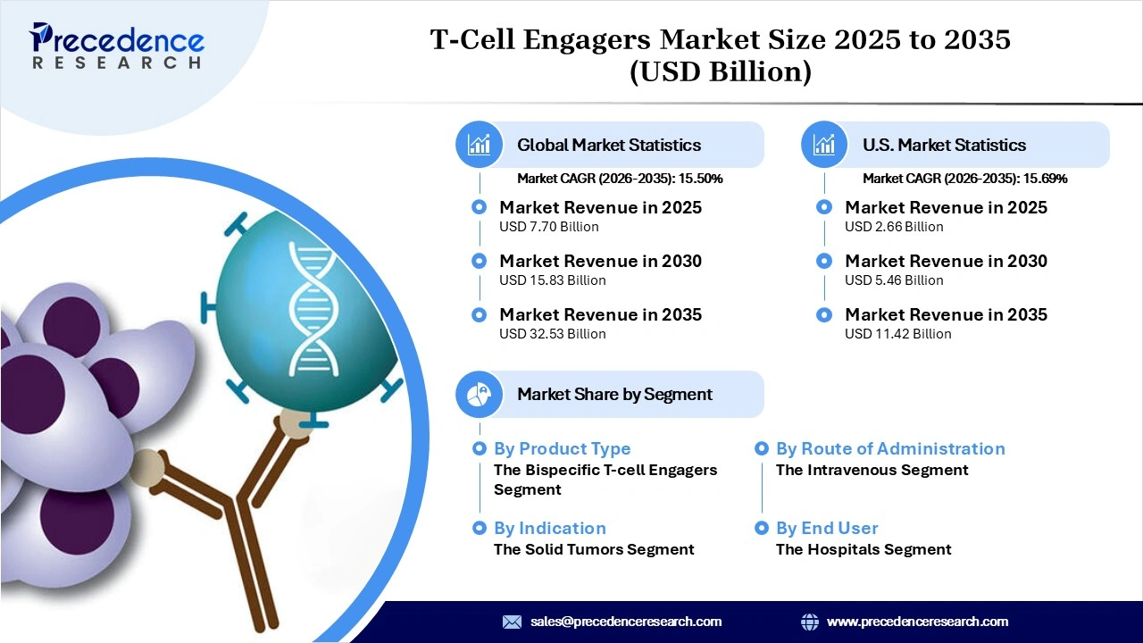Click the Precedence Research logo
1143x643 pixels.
(116, 45)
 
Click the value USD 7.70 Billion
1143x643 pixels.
(548, 227)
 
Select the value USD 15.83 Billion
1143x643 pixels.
(552, 280)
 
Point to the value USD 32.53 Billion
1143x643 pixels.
(552, 334)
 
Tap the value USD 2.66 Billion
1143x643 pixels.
(894, 227)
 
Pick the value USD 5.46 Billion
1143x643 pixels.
(894, 280)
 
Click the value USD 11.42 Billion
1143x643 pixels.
(897, 334)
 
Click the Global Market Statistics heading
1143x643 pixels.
(609, 145)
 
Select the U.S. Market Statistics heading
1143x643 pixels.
(944, 145)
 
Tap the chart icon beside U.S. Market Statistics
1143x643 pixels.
(824, 145)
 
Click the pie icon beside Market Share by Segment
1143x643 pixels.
(480, 394)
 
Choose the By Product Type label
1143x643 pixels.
(562, 449)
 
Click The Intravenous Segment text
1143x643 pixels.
(872, 470)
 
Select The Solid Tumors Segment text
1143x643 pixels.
(594, 549)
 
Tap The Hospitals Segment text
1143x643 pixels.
(864, 549)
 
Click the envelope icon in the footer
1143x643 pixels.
(512, 622)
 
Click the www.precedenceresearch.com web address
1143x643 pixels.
(917, 622)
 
